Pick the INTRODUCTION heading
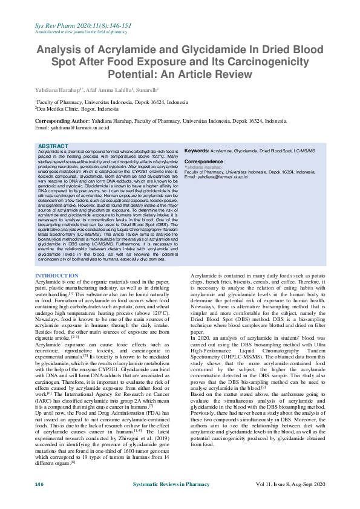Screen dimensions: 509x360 [x=57, y=276]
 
